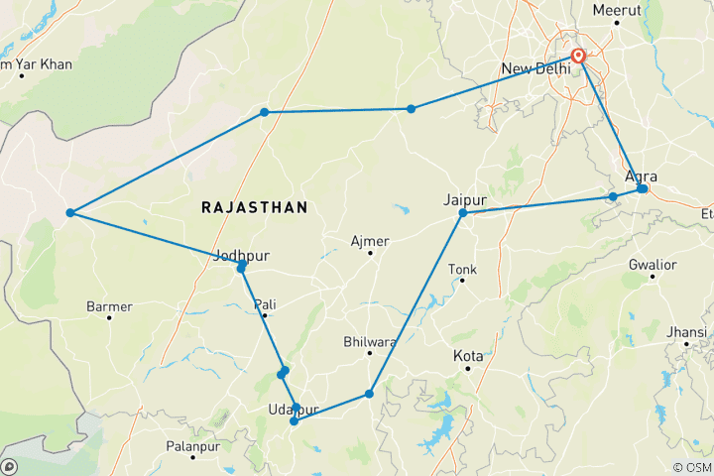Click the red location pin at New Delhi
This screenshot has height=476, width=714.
577,57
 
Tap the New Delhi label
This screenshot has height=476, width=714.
536,68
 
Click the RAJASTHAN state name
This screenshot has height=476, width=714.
254,207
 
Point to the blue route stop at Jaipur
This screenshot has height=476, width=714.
463,213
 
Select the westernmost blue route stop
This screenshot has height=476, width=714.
70,213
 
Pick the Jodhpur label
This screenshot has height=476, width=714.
242,254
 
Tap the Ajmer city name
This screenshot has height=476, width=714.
370,241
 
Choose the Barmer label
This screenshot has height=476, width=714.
109,306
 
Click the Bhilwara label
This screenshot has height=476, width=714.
369,341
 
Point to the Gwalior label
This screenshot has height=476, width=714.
652,265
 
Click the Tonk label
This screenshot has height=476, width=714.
462,269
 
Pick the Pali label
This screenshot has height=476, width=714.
265,303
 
